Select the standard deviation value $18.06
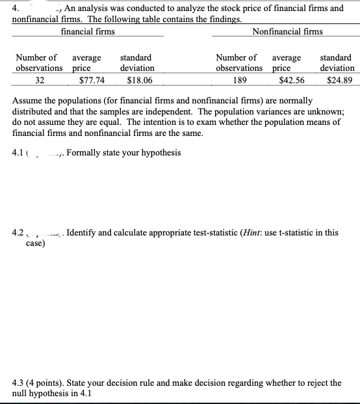click(x=140, y=81)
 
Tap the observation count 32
click(x=40, y=81)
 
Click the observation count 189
click(x=239, y=81)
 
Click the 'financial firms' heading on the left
click(x=88, y=31)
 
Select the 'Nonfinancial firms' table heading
click(x=287, y=31)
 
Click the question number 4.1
click(x=19, y=153)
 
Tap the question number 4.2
click(x=19, y=233)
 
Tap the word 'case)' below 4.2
click(x=35, y=243)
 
